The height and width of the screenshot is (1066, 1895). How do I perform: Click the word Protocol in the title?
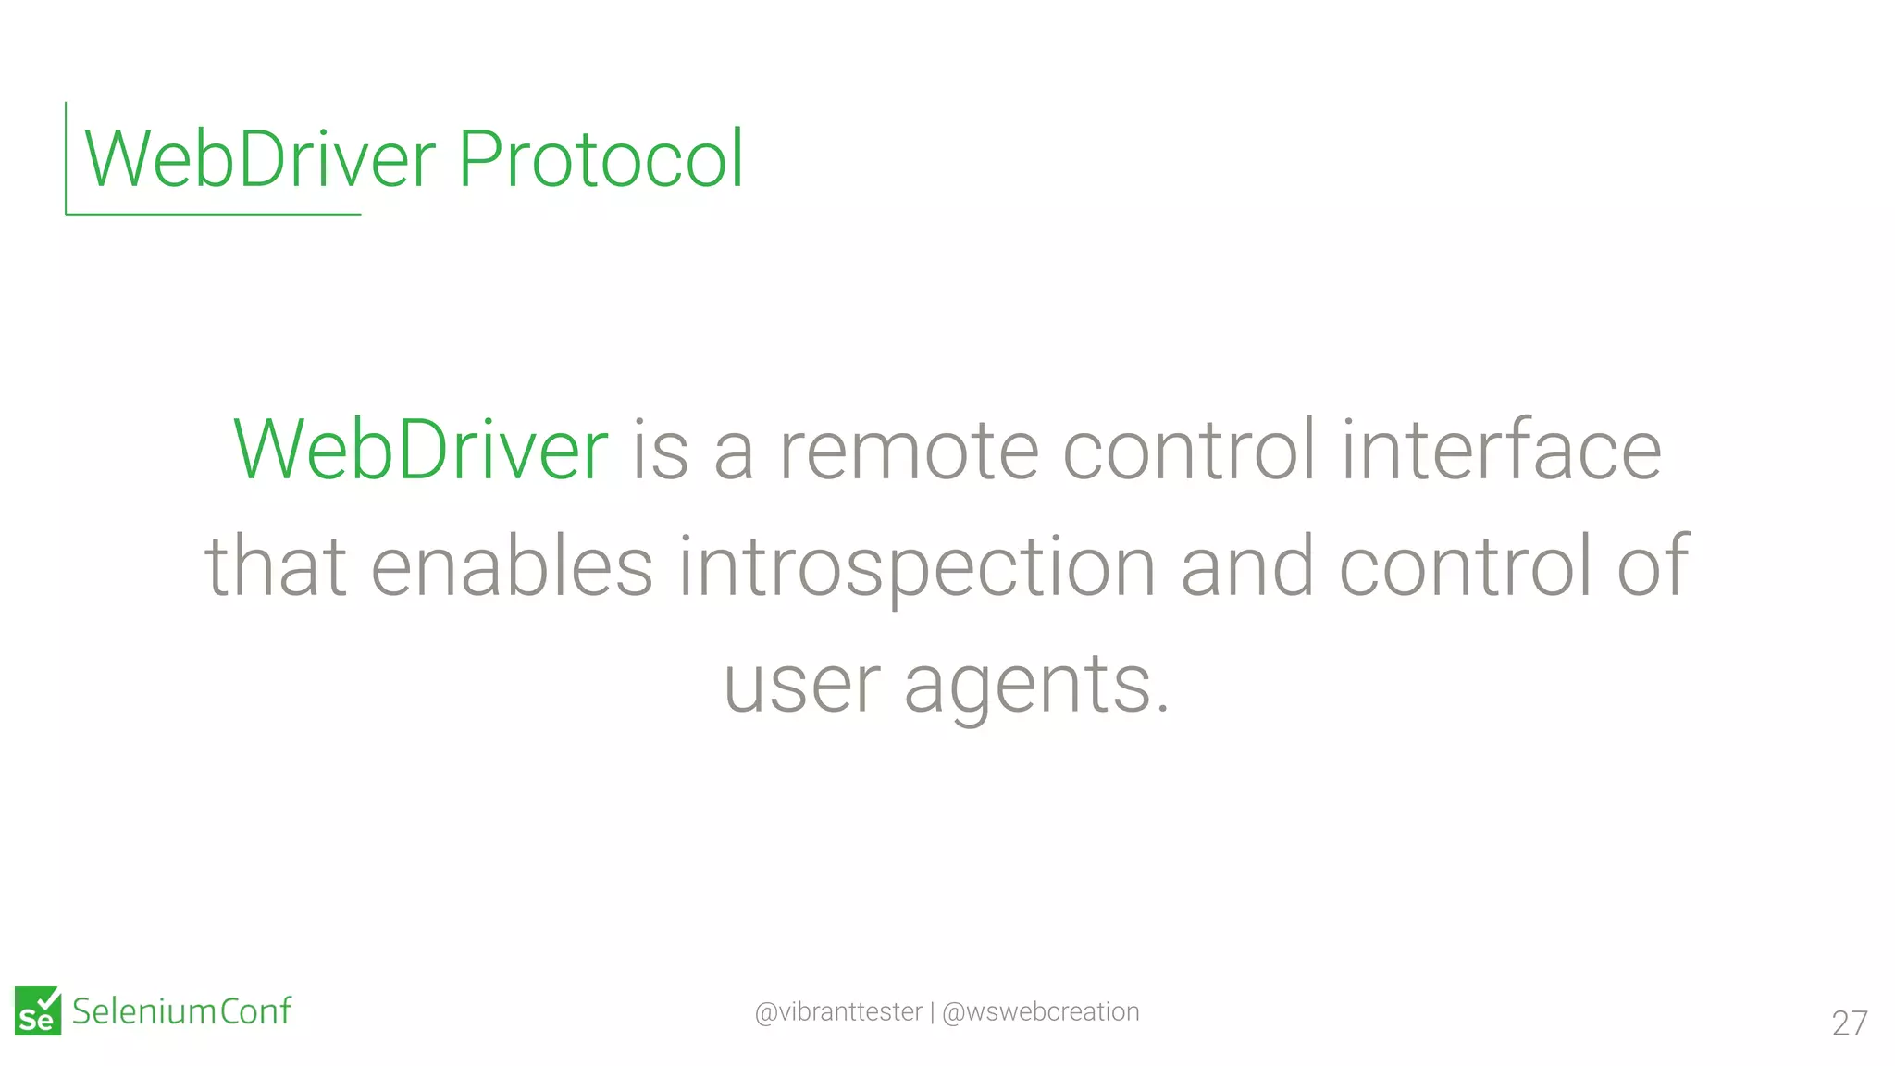[x=601, y=159]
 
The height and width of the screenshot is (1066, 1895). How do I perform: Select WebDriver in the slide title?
[x=260, y=159]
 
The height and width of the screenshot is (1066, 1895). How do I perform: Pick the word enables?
[x=512, y=566]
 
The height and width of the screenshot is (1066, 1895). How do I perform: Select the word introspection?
[x=917, y=566]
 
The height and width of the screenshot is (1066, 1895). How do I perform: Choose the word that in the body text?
[x=276, y=566]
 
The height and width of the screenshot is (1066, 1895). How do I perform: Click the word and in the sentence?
[x=1247, y=566]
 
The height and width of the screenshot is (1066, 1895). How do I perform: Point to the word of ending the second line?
[x=1653, y=566]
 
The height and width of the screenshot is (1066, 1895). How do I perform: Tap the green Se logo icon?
[x=38, y=1010]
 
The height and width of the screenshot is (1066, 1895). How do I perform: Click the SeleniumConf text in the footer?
[x=181, y=1011]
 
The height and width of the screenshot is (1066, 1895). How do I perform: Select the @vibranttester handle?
[x=838, y=1012]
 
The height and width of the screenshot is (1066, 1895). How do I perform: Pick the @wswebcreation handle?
[x=1040, y=1012]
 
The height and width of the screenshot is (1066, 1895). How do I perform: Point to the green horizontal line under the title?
[x=213, y=214]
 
